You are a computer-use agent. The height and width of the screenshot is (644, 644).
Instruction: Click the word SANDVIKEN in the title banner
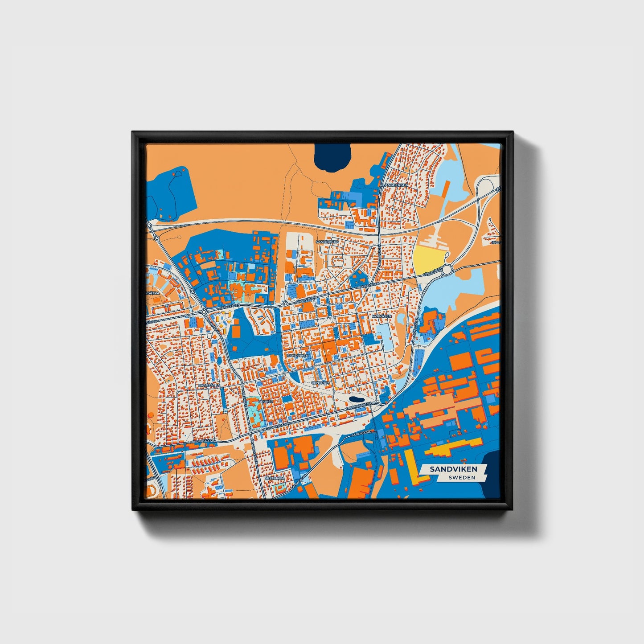(453, 469)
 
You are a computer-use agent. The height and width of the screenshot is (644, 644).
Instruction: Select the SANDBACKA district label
(328, 242)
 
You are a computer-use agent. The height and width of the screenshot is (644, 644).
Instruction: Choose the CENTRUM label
(320, 382)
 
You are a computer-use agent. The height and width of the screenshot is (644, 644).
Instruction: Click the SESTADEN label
(274, 478)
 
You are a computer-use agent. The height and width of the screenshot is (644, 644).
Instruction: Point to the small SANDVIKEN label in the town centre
(298, 355)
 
